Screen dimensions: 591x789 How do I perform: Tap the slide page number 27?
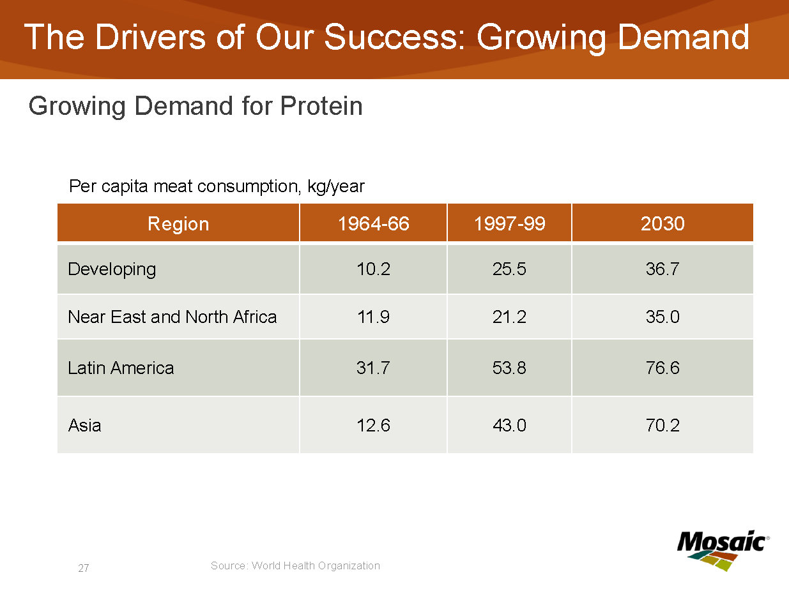point(84,568)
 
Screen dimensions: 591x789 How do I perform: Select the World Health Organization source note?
point(295,565)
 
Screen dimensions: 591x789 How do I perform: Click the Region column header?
point(178,223)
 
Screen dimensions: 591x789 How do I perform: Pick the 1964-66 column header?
point(373,223)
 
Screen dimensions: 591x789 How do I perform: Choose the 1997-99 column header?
point(509,223)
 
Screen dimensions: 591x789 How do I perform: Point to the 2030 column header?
point(663,223)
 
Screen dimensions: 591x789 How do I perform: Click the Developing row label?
point(112,269)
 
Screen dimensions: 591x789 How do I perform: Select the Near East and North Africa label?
point(172,317)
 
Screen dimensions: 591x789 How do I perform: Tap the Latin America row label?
point(121,368)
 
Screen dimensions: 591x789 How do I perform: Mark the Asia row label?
point(84,425)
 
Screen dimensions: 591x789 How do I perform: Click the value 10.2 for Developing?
point(373,269)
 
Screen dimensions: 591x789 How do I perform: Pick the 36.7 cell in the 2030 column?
point(663,269)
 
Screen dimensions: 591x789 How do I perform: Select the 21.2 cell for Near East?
point(509,317)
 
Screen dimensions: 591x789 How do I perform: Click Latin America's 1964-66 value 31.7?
point(373,368)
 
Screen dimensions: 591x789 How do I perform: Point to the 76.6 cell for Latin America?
point(663,368)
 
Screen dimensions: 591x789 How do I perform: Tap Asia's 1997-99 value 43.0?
point(509,425)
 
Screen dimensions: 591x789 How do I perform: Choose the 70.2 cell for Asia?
point(663,425)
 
